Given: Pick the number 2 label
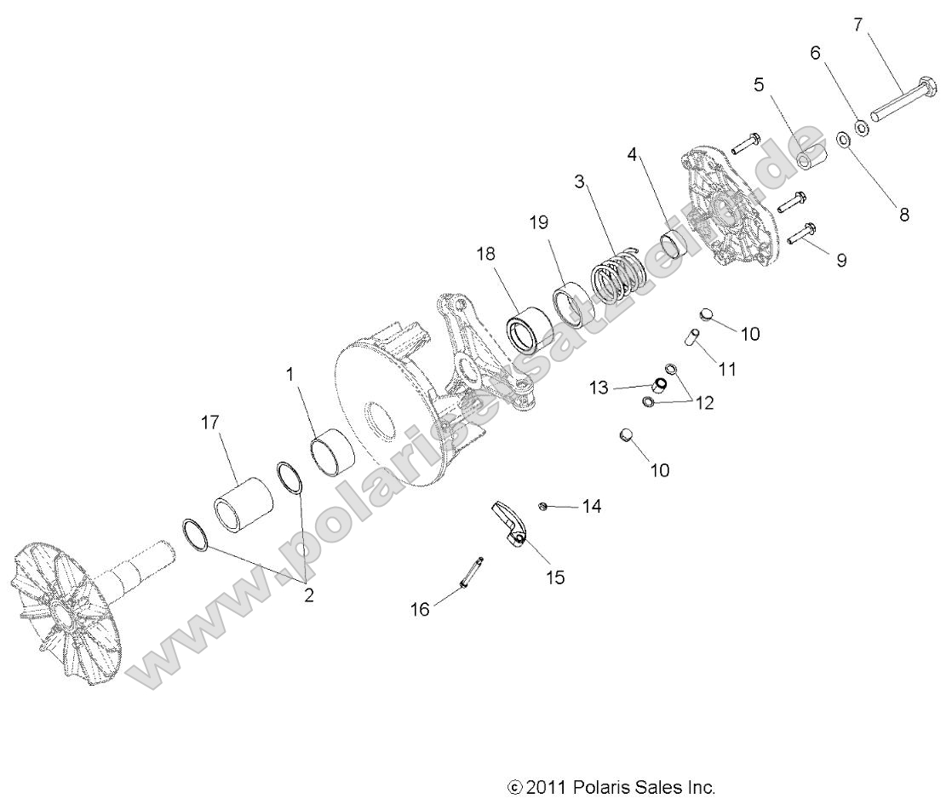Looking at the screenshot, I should (x=308, y=595).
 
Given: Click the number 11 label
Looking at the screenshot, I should (x=727, y=369).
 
